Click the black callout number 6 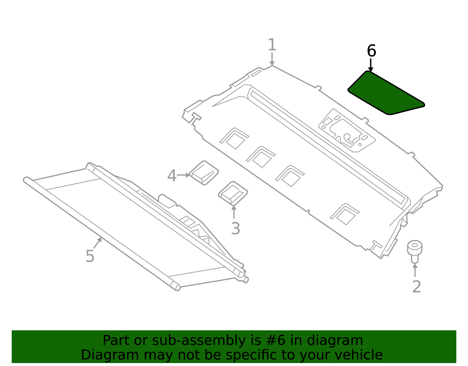click(371, 51)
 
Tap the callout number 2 click(417, 287)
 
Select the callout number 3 click(235, 229)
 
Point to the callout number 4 click(172, 176)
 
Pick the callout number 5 click(90, 256)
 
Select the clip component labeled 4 click(204, 173)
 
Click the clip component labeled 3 click(233, 193)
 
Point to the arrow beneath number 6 click(371, 65)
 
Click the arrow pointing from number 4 click(184, 175)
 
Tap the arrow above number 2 click(415, 270)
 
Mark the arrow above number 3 click(234, 212)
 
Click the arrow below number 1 click(272, 59)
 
